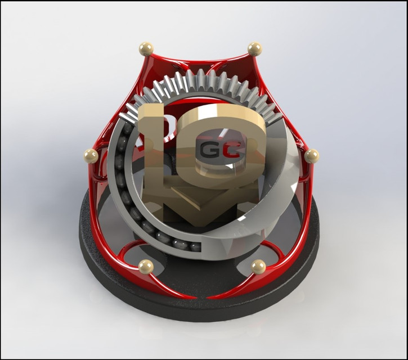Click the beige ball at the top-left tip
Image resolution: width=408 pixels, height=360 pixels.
[146, 49]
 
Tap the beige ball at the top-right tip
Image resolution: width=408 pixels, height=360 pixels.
[254, 49]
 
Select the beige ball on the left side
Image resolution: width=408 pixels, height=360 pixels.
[91, 156]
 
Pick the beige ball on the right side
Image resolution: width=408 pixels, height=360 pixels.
[311, 156]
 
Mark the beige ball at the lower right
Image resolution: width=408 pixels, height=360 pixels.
[258, 267]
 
